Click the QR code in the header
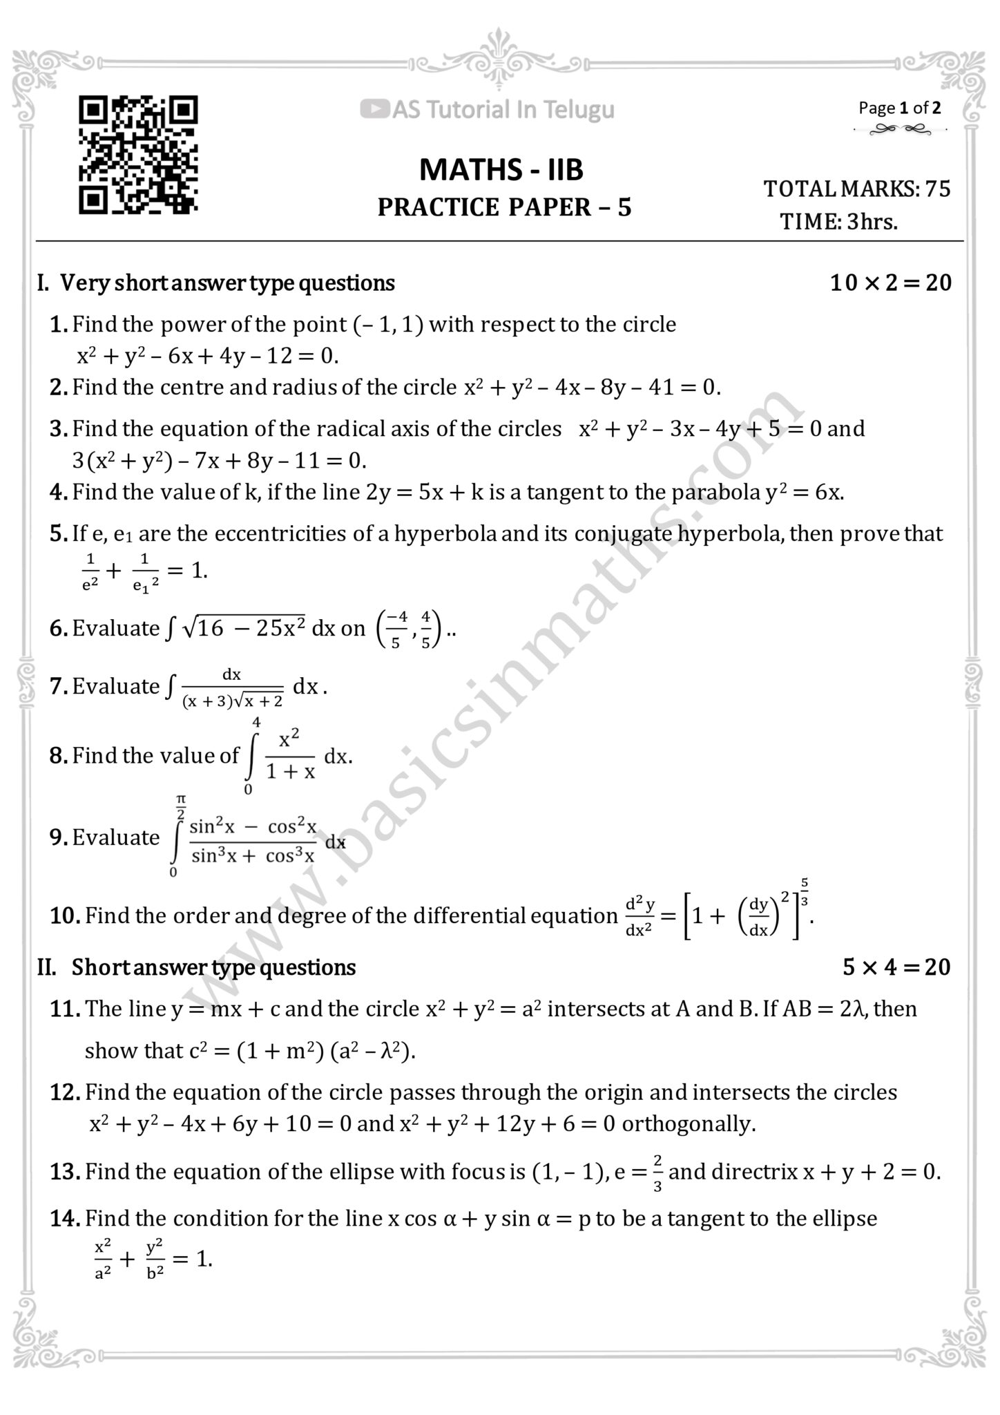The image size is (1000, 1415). point(138,155)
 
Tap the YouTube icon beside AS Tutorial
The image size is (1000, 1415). point(374,109)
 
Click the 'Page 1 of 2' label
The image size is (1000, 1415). point(899,108)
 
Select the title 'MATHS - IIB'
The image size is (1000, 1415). point(501,170)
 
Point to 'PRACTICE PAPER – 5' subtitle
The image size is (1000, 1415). point(504,207)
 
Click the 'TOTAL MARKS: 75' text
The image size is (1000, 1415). point(856,189)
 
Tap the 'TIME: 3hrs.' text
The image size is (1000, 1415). point(838,222)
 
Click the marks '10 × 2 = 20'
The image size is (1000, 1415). point(890,283)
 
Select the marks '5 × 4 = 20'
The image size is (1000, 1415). point(896,967)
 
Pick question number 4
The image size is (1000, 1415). point(58,492)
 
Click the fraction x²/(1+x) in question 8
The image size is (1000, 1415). point(290,755)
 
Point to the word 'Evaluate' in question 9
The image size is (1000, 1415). point(116,837)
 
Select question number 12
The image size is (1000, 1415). point(66,1092)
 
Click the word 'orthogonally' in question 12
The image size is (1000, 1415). point(688,1124)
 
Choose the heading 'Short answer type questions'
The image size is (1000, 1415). point(213,967)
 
